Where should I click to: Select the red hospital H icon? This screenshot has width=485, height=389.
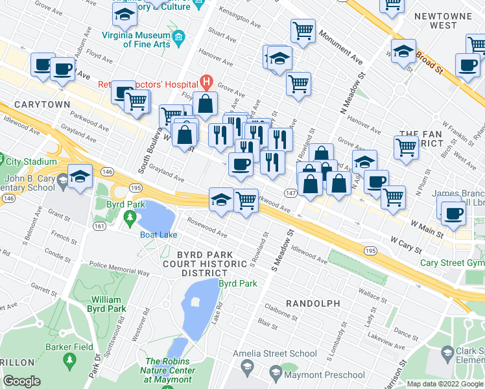(206, 82)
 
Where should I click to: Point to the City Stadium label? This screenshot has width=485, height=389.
(27, 161)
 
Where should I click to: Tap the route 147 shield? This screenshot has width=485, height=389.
(290, 193)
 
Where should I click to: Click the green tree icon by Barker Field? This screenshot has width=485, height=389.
(68, 359)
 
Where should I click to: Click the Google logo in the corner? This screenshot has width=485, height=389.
(22, 381)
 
